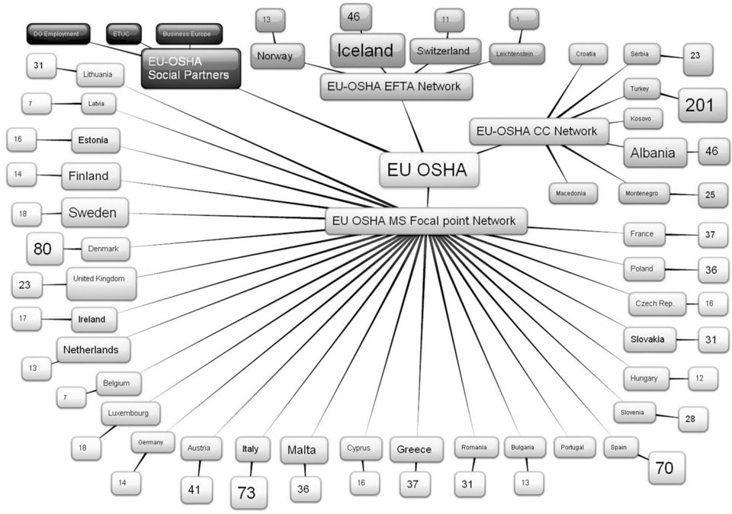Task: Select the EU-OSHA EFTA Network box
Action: [396, 87]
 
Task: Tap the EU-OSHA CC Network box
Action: [539, 131]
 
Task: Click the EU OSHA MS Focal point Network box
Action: [425, 221]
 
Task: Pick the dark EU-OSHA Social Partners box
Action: [191, 68]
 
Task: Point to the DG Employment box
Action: [58, 34]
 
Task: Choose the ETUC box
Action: [124, 34]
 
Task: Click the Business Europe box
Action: [189, 34]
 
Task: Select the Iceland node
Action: [368, 50]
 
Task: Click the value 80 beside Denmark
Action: [45, 249]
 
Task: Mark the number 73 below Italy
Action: [249, 493]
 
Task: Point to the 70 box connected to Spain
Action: [666, 467]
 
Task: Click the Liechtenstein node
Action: [517, 54]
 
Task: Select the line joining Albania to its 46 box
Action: [693, 152]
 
